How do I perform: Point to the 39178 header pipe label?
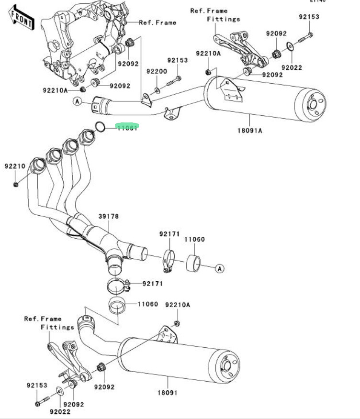[x=108, y=216]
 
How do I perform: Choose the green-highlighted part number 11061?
[x=127, y=127]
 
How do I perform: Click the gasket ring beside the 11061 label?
[x=100, y=127]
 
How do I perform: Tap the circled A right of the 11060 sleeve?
[x=219, y=268]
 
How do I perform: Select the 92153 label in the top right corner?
[x=309, y=16]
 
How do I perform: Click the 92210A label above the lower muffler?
[x=178, y=305]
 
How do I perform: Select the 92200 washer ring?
[x=157, y=89]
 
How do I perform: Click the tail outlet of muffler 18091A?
[x=315, y=105]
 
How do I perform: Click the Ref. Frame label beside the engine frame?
[x=157, y=22]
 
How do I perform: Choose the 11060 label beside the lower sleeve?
[x=147, y=304]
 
